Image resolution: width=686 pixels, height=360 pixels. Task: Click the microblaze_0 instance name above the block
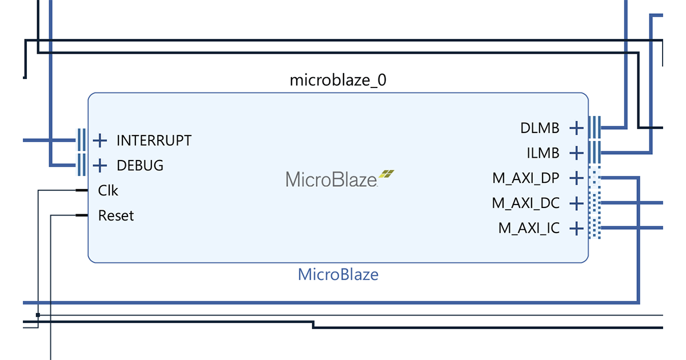(338, 80)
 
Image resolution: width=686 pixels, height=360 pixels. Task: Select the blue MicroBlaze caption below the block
(338, 274)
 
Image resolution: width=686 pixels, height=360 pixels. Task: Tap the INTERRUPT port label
(154, 140)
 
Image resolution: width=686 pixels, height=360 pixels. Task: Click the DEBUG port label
(140, 166)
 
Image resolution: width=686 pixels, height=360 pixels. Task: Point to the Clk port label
(108, 190)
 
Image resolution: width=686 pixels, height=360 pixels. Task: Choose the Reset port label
(116, 216)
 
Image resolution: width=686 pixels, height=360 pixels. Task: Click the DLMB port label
(540, 128)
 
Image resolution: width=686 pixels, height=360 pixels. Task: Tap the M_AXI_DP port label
(526, 178)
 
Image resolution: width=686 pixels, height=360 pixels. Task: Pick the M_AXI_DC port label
(526, 203)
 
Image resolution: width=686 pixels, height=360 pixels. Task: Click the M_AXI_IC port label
(529, 229)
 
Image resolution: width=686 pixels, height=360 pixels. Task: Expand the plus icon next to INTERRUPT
(100, 140)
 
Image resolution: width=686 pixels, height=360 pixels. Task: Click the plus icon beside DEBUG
(100, 166)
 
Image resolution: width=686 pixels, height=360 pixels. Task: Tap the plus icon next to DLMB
(576, 128)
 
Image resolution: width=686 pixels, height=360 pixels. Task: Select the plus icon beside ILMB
(576, 153)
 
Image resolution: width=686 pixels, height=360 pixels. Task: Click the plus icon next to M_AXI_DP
(576, 178)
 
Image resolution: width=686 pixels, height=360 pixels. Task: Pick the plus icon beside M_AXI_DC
(576, 203)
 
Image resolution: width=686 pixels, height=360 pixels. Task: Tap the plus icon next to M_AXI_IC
(576, 229)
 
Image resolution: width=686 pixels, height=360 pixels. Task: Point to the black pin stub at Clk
(82, 190)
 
